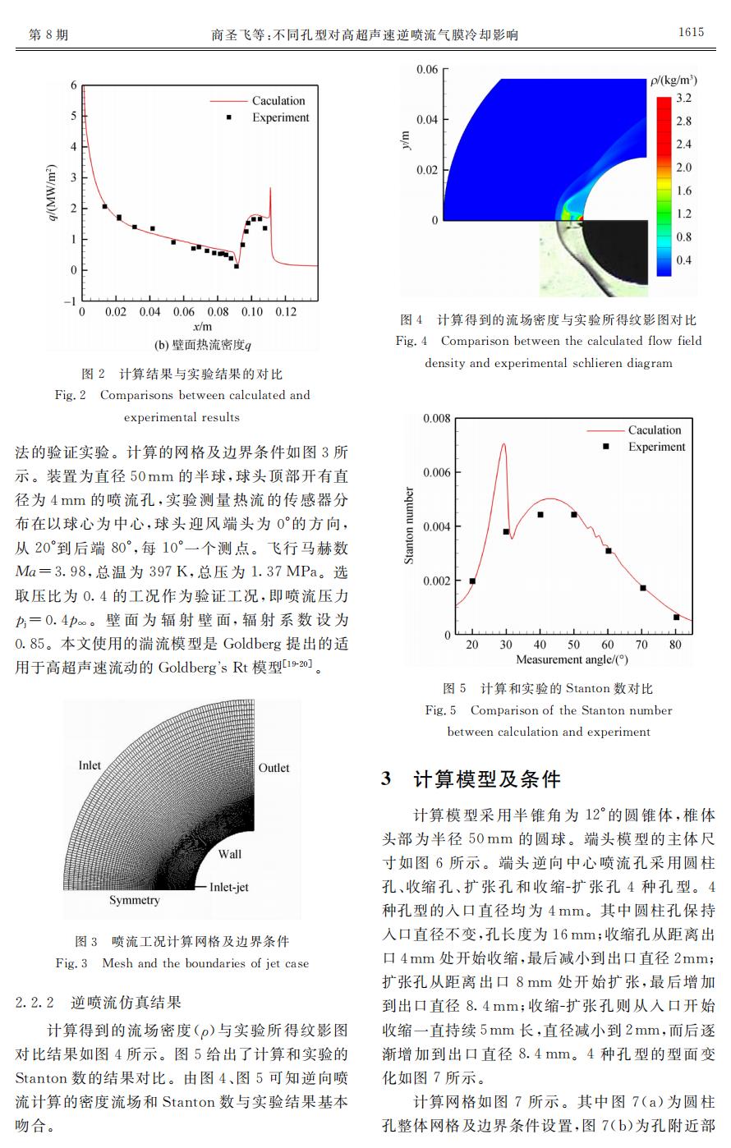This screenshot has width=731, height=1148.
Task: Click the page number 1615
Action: coord(691,32)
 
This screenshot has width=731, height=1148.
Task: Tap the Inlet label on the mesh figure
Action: coord(90,765)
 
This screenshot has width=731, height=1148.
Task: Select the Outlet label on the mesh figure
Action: coord(274,768)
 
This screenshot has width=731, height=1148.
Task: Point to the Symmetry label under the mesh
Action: coord(135,900)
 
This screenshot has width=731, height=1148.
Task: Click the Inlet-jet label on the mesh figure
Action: coord(229,887)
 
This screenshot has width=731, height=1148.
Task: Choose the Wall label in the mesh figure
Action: coord(230,854)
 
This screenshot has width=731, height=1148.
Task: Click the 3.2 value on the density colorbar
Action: coord(683,99)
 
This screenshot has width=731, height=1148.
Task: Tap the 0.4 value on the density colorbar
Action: coord(683,260)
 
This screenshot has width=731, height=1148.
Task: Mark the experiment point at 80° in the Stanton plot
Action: coord(677,617)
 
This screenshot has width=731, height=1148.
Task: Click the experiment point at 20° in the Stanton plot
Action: coord(472,581)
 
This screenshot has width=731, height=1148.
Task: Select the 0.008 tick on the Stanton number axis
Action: coord(436,419)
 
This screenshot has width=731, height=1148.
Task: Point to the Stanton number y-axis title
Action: coord(409,526)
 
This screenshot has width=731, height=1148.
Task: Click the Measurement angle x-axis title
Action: coord(572,659)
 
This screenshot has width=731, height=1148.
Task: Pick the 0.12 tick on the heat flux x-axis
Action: coord(285,312)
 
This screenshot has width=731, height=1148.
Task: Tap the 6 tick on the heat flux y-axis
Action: coord(73,85)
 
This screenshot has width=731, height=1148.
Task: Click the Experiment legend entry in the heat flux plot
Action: coord(280,117)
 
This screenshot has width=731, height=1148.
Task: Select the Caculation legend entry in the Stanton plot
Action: coord(655,430)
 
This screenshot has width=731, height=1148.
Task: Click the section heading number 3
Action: coord(386,778)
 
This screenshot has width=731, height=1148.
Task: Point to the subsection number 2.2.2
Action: coord(34,1003)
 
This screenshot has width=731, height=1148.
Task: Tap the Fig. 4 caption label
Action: coord(411,341)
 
